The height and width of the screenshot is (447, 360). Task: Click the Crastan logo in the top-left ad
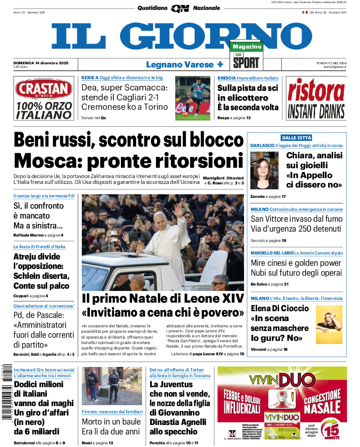[x=43, y=88]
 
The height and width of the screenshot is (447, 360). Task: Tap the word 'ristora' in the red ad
[x=316, y=91]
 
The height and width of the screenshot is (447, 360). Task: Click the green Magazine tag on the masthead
[x=246, y=47]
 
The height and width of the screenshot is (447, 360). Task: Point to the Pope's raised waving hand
[x=178, y=210]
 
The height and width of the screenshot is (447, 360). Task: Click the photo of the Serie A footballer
[x=193, y=98]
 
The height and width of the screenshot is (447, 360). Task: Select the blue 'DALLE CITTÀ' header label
[x=296, y=138]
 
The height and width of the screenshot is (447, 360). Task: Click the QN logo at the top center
[x=180, y=8]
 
